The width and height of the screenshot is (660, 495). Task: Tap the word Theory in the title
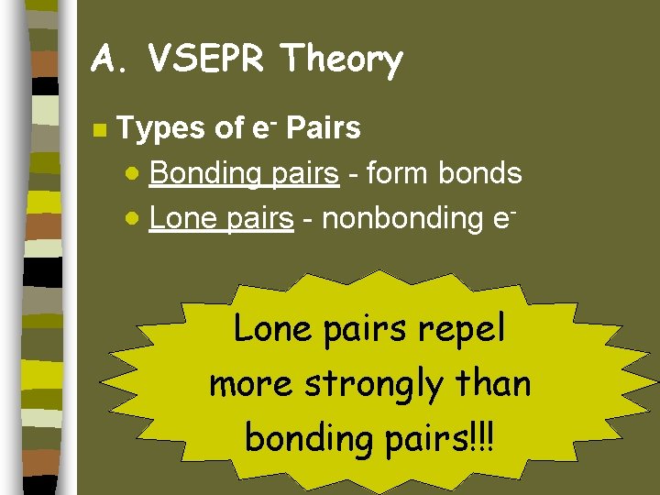click(342, 60)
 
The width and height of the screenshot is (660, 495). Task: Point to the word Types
click(161, 129)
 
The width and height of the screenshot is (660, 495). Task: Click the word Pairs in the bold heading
click(324, 128)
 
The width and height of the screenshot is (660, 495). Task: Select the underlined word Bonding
click(203, 174)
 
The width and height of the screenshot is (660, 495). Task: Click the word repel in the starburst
click(462, 329)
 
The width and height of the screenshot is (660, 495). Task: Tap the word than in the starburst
click(496, 383)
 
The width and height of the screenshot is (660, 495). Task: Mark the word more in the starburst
click(249, 384)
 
